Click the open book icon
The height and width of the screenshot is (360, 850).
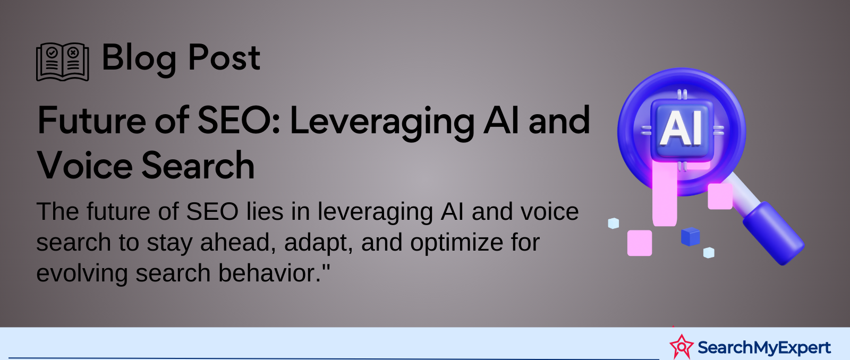pos(63,62)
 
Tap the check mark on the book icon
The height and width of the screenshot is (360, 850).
pos(53,53)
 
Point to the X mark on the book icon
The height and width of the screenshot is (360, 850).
pos(73,53)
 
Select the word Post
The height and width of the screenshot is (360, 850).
pos(224,57)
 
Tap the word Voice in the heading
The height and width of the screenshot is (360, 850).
pos(84,165)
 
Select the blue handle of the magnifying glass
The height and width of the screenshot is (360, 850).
pos(773,233)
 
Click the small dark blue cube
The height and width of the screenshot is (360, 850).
pos(690,237)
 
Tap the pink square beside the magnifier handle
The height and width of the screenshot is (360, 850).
pos(720,196)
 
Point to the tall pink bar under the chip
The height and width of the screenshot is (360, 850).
pos(665,193)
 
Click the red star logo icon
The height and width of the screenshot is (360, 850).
pos(682,346)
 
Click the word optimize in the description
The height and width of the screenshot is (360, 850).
pos(456,243)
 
